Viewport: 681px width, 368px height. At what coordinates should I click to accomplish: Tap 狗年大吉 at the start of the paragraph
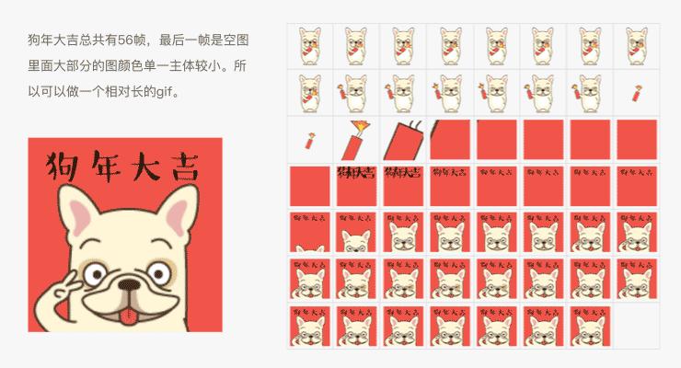click(52, 41)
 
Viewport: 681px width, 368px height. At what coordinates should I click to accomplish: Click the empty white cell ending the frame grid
click(639, 326)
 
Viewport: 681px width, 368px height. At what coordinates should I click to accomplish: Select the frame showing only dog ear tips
click(310, 233)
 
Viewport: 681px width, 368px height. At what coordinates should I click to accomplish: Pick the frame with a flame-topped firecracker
click(357, 138)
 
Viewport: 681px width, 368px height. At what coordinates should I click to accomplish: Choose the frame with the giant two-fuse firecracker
click(404, 138)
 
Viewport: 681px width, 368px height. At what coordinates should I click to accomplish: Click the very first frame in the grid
click(310, 44)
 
